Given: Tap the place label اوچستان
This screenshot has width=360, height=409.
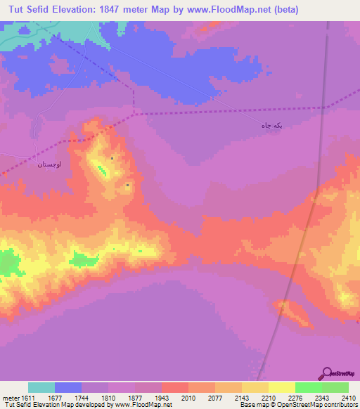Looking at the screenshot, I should coord(50,164).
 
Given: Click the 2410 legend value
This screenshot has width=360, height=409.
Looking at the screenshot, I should coord(348,398).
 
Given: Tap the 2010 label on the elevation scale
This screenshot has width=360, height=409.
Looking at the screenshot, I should coord(188,398).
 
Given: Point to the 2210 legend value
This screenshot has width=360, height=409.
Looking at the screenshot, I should coord(268,398).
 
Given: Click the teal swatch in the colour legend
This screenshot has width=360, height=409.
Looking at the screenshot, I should coord(41,387).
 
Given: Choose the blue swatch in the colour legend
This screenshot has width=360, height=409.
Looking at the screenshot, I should coord(68,387).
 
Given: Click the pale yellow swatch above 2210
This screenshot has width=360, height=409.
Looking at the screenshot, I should coord(281,387).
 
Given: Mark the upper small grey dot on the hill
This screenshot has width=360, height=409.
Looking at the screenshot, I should coord(112,158).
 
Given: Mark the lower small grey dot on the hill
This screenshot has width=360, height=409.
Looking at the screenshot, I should coord(127,185).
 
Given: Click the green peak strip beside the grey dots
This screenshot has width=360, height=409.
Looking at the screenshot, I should coord(102,169).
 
